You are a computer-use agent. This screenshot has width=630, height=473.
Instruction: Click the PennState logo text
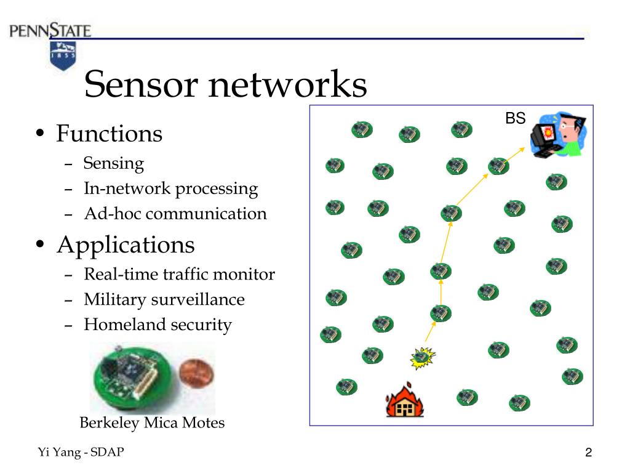pyautogui.click(x=50, y=30)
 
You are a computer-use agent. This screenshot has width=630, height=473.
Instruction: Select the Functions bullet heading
pyautogui.click(x=109, y=134)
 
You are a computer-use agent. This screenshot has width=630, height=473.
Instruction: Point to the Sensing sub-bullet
pyautogui.click(x=114, y=163)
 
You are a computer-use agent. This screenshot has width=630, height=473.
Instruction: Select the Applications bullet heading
pyautogui.click(x=126, y=245)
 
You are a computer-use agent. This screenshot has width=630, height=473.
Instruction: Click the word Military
pyautogui.click(x=119, y=300)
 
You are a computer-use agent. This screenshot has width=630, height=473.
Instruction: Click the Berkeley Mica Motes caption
pyautogui.click(x=152, y=423)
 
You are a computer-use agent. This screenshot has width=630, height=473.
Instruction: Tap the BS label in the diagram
pyautogui.click(x=515, y=119)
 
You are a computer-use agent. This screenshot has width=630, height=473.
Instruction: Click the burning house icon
pyautogui.click(x=404, y=401)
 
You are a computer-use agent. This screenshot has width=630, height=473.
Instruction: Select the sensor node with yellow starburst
pyautogui.click(x=423, y=355)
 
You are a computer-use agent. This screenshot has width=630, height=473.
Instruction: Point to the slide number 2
pyautogui.click(x=588, y=453)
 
